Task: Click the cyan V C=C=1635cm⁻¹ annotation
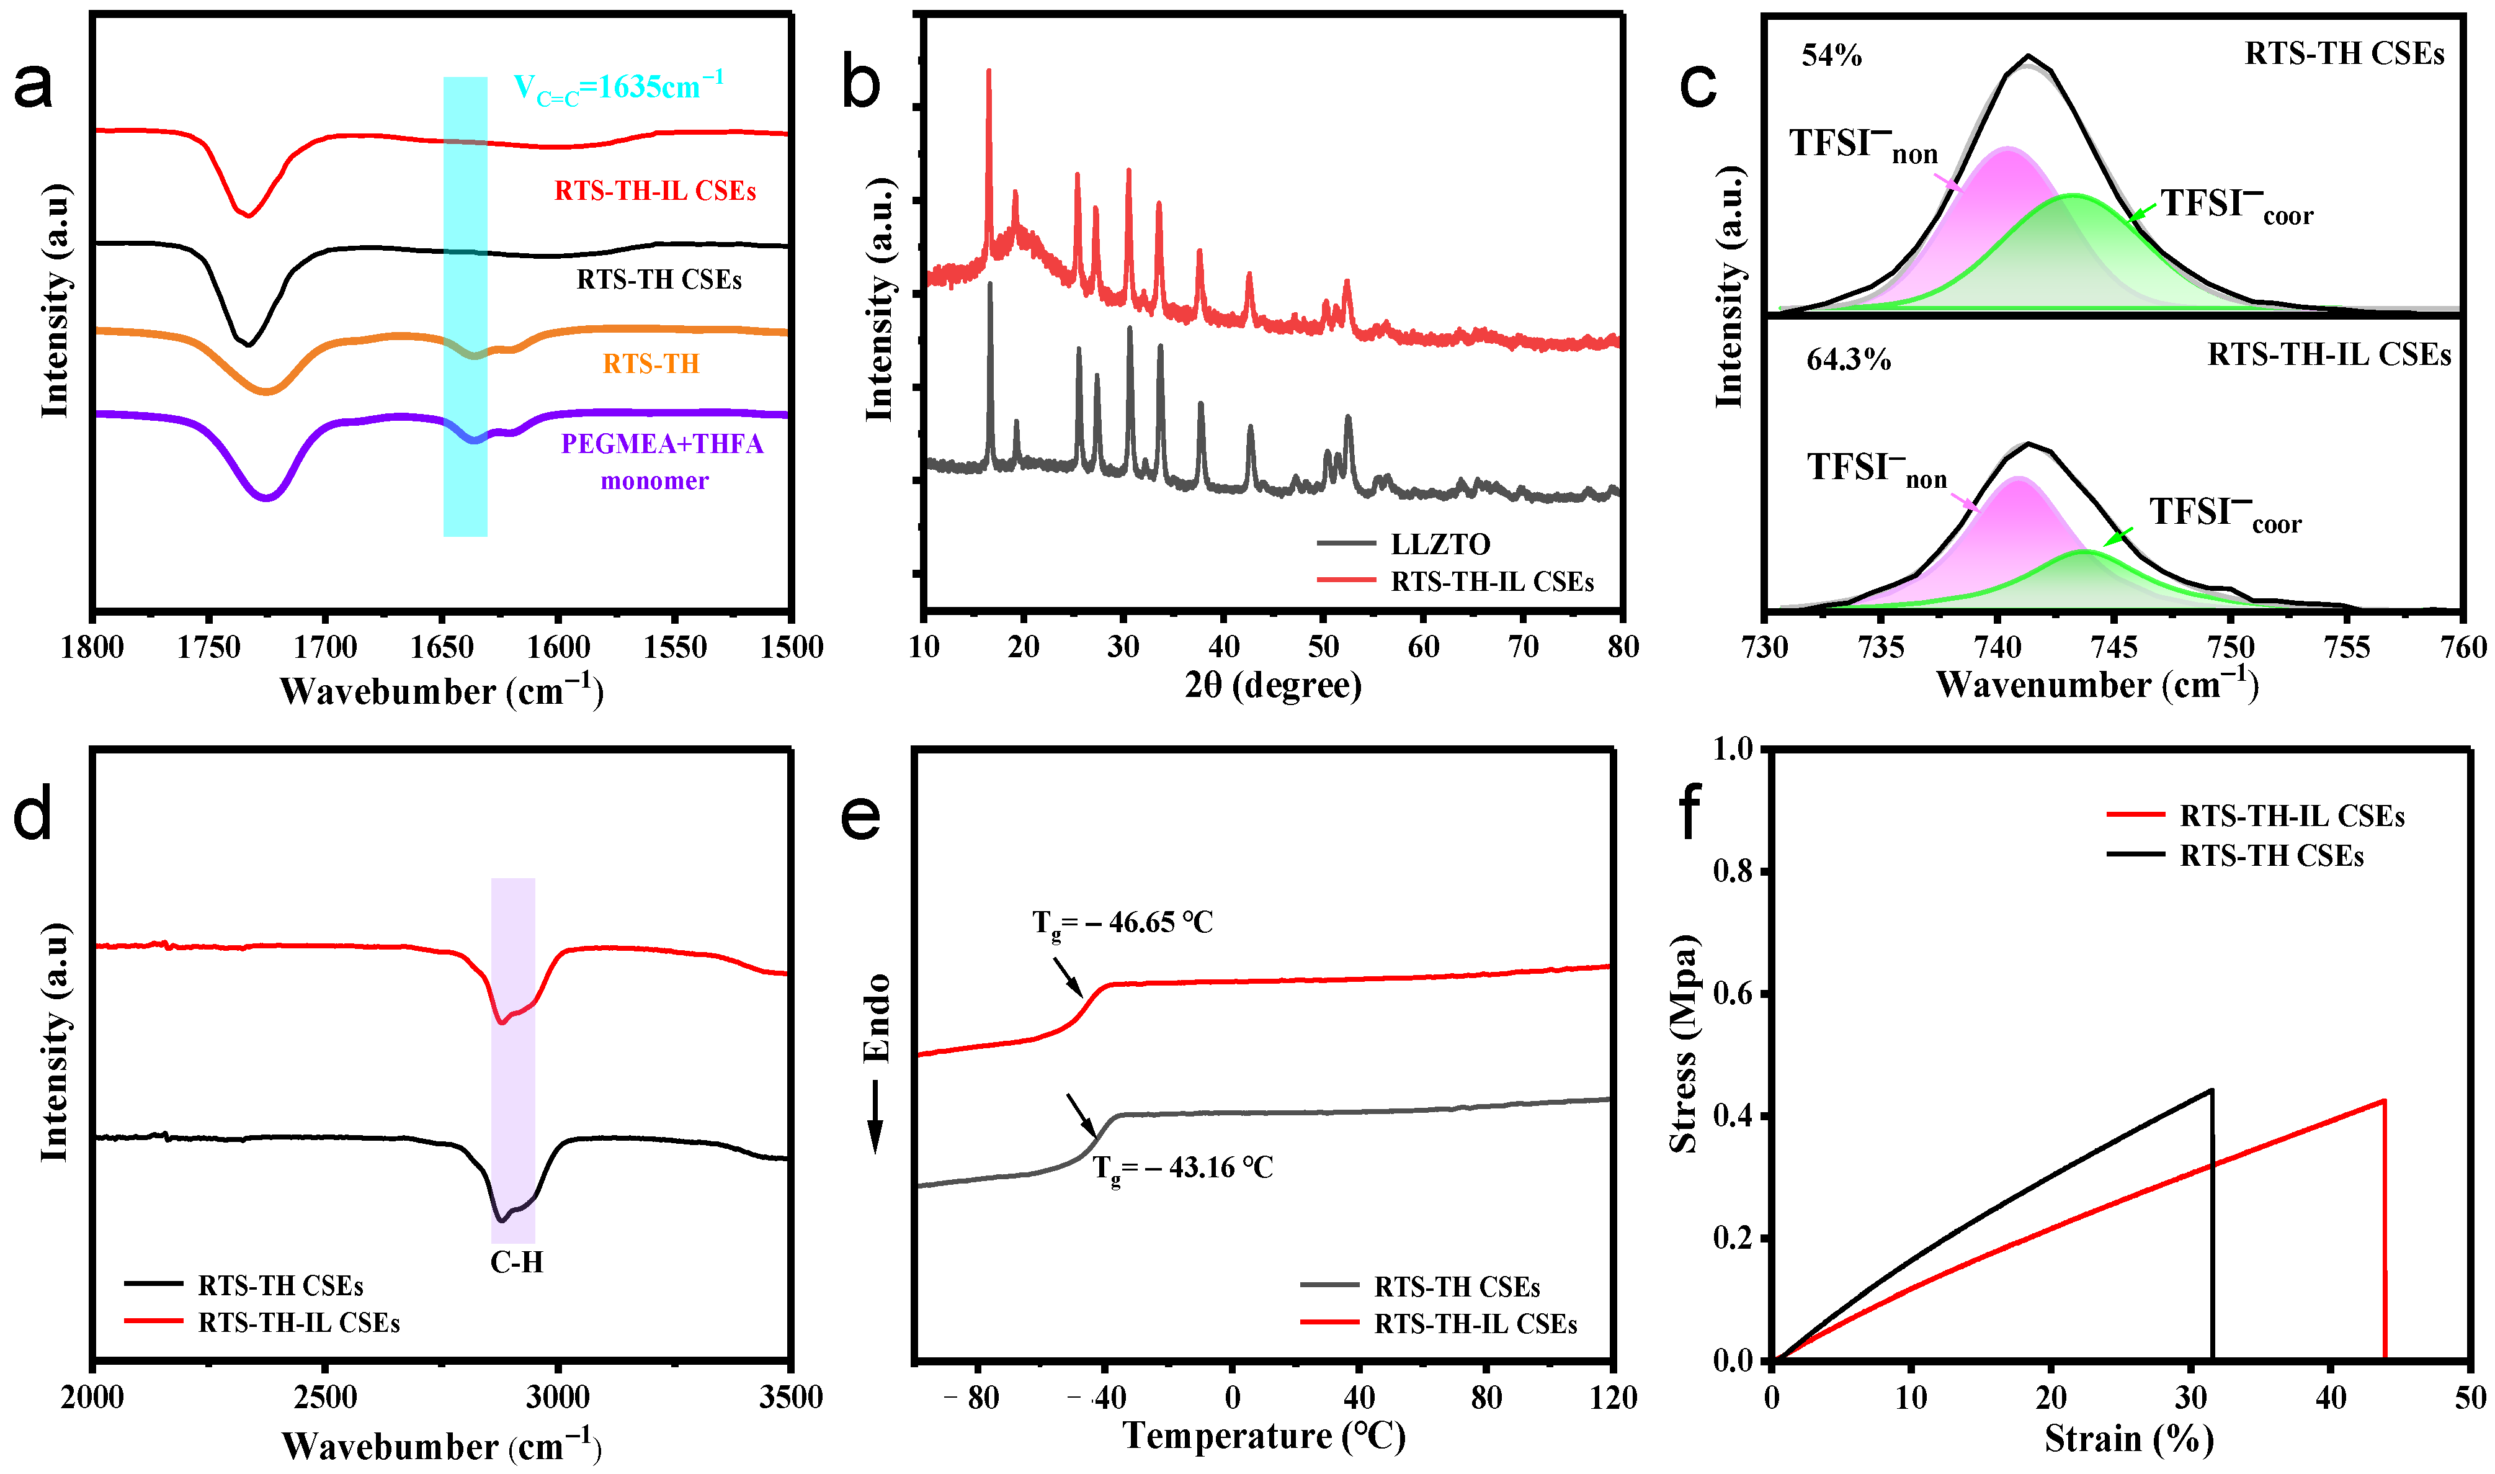click(x=617, y=88)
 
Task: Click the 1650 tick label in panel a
click(x=441, y=647)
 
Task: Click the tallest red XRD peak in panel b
click(x=988, y=71)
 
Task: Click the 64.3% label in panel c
click(x=1847, y=359)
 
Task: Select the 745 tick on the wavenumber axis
click(x=2113, y=647)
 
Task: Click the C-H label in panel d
click(x=516, y=1262)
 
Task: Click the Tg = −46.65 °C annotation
click(x=1122, y=923)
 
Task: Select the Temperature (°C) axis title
click(x=1263, y=1436)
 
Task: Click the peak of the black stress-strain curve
click(x=2211, y=1090)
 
